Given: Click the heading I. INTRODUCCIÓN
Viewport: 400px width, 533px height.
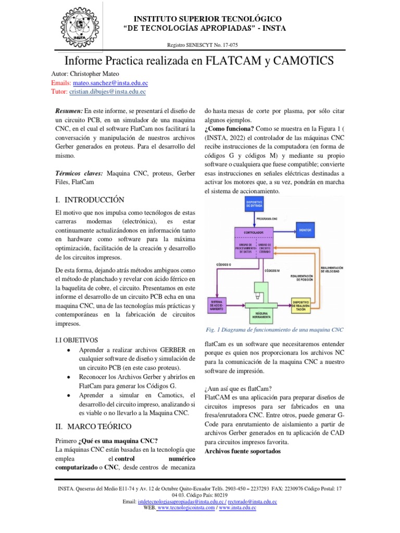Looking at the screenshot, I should tap(90, 199).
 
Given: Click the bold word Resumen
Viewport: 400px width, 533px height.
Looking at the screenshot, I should tap(69, 111).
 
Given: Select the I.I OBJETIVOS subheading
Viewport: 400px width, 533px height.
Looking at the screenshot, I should tap(76, 340).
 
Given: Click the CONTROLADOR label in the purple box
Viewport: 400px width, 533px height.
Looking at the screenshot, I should tap(253, 232).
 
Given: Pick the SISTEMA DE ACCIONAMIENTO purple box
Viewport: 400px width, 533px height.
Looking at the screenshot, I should tap(221, 305).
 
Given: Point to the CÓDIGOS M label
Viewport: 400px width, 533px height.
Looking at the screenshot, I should tap(271, 271).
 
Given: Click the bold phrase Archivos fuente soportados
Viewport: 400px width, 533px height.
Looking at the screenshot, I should tap(242, 451).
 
